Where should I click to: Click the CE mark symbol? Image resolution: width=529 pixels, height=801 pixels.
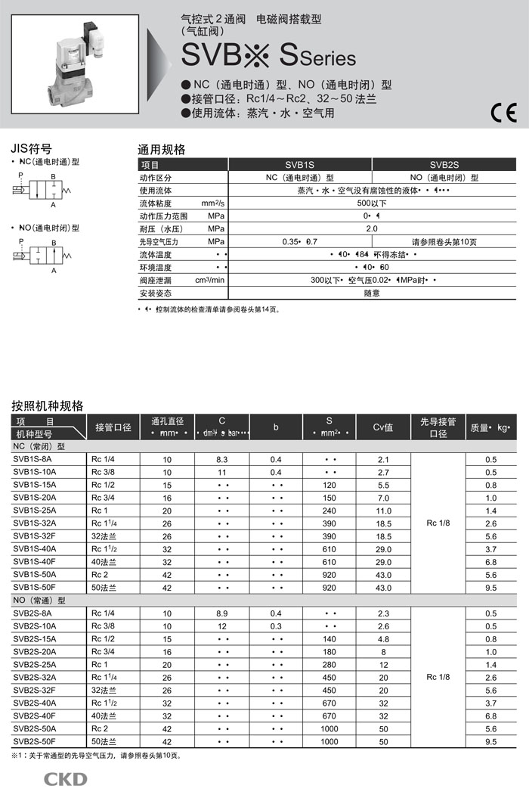[x=503, y=113]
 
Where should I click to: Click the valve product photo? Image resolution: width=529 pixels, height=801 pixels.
[x=75, y=67]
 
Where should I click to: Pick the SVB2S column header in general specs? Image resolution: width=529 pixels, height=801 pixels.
[x=444, y=165]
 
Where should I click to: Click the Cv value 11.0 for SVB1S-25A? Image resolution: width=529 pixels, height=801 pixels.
[x=383, y=511]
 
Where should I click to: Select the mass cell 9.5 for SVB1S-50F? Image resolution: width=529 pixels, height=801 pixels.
[x=491, y=588]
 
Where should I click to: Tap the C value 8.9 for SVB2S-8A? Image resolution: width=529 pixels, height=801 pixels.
[x=222, y=613]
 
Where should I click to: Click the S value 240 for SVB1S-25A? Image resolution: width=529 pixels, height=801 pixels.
[x=329, y=511]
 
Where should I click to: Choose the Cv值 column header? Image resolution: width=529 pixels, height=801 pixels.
[x=383, y=427]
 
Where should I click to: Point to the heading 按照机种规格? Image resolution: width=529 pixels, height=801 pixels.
[x=48, y=405]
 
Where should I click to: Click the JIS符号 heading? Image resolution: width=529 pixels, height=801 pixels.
[x=32, y=148]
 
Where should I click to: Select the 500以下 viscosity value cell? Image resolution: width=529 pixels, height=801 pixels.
[x=372, y=203]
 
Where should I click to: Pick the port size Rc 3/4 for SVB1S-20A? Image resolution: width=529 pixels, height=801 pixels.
[x=102, y=498]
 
